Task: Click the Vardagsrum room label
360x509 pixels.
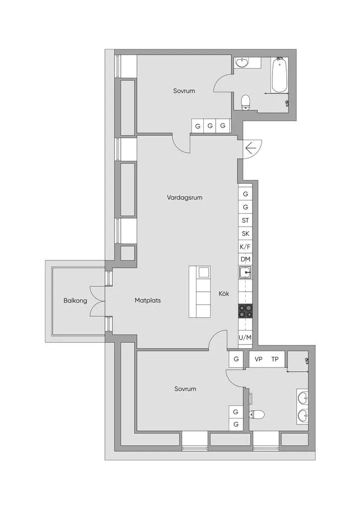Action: tap(184, 197)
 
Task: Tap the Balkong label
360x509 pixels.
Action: tap(75, 301)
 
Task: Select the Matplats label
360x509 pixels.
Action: tap(148, 300)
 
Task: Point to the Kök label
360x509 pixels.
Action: tap(224, 293)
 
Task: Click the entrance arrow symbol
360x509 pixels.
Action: tap(251, 149)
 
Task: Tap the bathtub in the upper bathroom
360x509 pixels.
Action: tap(279, 75)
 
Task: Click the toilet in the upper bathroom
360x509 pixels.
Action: tap(246, 102)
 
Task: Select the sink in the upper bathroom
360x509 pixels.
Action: tap(242, 63)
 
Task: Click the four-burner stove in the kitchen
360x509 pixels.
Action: tap(246, 311)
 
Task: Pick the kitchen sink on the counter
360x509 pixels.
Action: tap(245, 273)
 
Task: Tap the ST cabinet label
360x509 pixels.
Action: tap(246, 220)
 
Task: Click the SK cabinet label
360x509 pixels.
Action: tap(246, 234)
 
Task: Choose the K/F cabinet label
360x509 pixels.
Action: tap(245, 247)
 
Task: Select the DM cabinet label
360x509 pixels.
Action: tap(246, 259)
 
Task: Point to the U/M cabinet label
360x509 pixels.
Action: tap(245, 338)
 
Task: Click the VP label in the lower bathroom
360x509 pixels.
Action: tap(259, 359)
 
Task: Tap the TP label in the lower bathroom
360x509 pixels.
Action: tap(274, 359)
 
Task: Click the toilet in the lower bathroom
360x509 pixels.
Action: tap(257, 415)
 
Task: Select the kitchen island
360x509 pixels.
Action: tap(199, 291)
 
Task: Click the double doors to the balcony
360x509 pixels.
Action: tap(97, 301)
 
